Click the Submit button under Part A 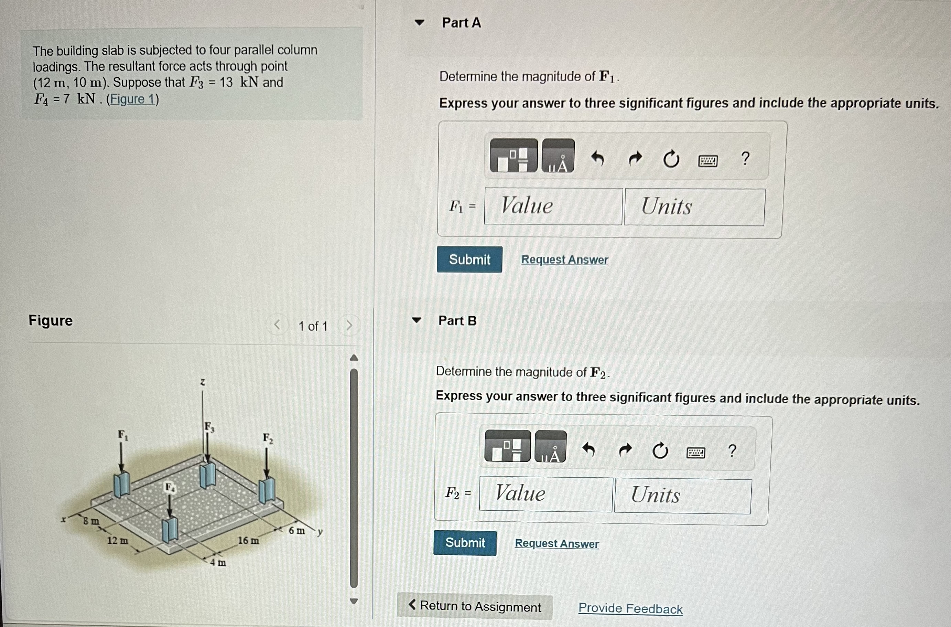[469, 259]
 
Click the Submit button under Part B [465, 543]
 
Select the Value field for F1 [553, 206]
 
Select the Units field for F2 [682, 496]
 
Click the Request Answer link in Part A [564, 259]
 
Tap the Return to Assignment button [475, 606]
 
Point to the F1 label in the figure [123, 435]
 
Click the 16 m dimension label [248, 540]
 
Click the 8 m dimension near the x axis [91, 521]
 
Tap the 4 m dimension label [218, 562]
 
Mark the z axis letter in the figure [203, 382]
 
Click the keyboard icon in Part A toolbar [707, 161]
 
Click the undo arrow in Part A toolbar [597, 158]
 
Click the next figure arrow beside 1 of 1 [349, 325]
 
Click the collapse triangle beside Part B [417, 320]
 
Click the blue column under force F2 [267, 491]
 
